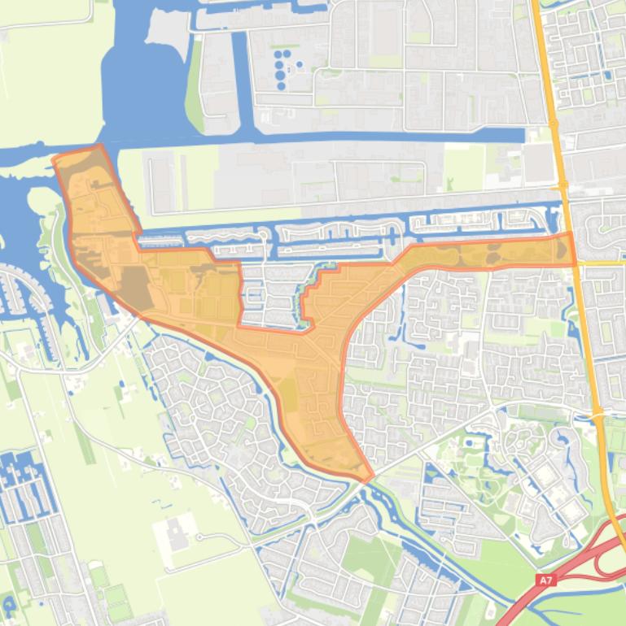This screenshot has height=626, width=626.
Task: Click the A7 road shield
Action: [547, 580]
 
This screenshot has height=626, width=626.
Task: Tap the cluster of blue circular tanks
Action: [282, 67]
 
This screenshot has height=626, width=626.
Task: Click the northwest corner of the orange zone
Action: [55, 157]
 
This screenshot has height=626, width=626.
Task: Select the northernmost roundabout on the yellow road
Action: [553, 124]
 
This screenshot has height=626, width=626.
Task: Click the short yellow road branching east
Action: [602, 263]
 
